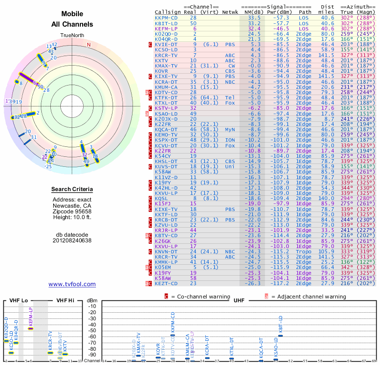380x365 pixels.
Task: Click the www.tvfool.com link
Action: click(x=72, y=284)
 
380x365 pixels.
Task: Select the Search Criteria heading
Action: click(x=72, y=190)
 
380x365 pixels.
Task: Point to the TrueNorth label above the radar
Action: click(x=72, y=36)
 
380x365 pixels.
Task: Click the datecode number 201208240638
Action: click(x=72, y=240)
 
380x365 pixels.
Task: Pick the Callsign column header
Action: click(x=166, y=11)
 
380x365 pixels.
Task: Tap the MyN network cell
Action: click(x=230, y=129)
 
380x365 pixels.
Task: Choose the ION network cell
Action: click(x=230, y=140)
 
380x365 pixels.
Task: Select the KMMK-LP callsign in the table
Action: click(x=166, y=262)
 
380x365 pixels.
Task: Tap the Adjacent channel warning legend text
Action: click(x=308, y=297)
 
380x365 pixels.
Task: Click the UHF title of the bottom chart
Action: click(x=239, y=300)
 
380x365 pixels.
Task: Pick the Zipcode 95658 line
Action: click(x=72, y=211)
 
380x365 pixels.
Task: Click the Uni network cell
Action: click(x=230, y=166)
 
